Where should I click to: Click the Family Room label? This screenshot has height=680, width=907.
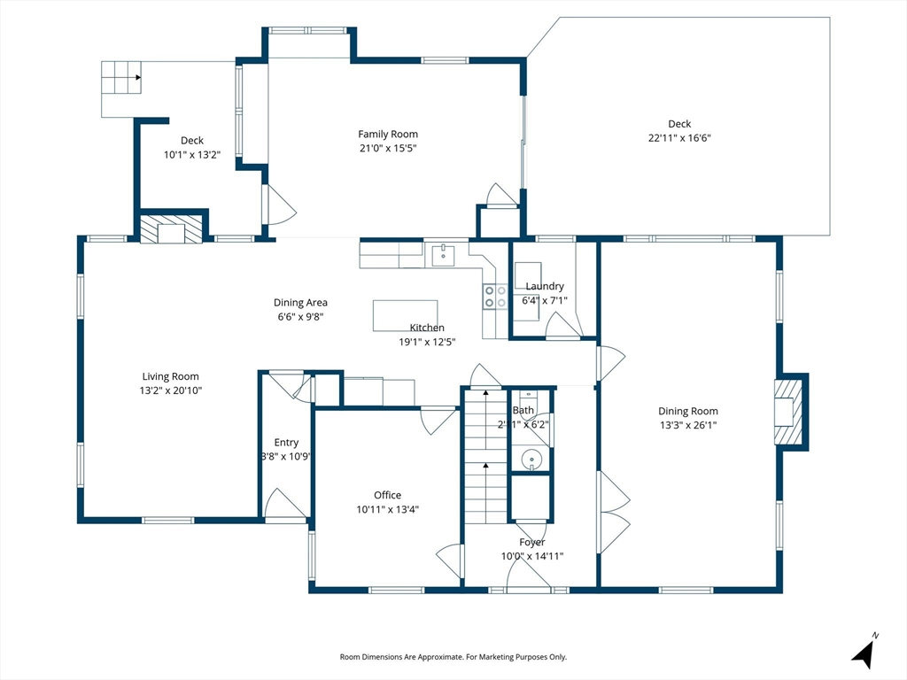click(388, 135)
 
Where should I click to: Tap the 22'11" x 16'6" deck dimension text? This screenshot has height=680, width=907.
click(679, 138)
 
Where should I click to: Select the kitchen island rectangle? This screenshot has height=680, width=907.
click(405, 316)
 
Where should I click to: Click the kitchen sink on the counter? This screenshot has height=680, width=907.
click(443, 256)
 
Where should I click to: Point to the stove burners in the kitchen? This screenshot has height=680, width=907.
click(496, 297)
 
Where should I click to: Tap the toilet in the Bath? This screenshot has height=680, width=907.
click(528, 399)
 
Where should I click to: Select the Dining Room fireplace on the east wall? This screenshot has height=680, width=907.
click(789, 412)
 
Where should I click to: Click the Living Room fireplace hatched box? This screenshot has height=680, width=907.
click(172, 229)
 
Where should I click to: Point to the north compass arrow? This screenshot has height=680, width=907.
click(864, 653)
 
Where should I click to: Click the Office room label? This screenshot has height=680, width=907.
click(388, 495)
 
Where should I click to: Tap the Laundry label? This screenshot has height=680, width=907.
click(545, 286)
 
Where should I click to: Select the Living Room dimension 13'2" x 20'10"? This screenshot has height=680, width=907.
click(171, 390)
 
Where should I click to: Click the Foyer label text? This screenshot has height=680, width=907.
click(531, 543)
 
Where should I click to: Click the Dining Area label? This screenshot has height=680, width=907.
click(300, 303)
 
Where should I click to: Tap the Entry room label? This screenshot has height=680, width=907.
click(286, 443)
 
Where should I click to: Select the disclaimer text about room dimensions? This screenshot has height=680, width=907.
click(453, 657)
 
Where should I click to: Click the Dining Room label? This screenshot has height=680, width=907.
click(687, 411)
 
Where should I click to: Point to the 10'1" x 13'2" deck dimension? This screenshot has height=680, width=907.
click(192, 155)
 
